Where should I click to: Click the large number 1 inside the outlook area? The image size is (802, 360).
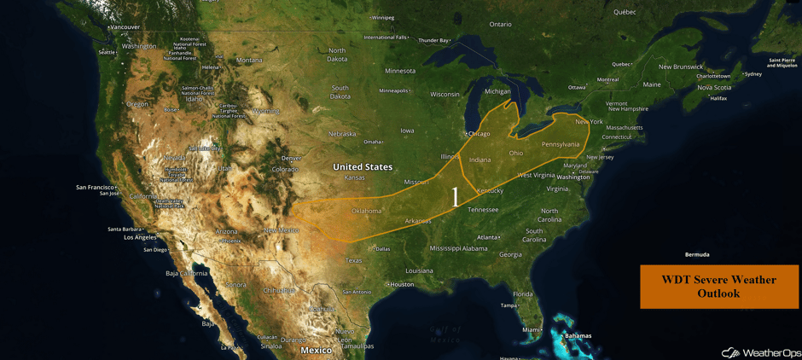(455, 197)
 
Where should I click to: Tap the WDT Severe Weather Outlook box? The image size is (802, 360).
(718, 286)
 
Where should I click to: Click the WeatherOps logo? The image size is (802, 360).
(761, 352)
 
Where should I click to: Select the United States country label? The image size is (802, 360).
(363, 167)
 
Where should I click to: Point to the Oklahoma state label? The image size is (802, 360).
(367, 211)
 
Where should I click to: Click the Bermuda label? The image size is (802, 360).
(697, 254)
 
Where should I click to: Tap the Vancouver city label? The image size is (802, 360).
(125, 27)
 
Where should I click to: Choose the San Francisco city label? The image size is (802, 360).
(95, 187)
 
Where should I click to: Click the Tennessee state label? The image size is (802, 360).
(483, 209)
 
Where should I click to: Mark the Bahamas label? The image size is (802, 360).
(578, 335)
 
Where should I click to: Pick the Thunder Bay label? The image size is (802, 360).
(433, 40)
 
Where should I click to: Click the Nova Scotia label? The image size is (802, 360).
(715, 87)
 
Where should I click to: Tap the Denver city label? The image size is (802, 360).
(292, 158)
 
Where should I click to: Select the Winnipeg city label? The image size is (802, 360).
(383, 17)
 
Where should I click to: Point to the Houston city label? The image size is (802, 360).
(401, 284)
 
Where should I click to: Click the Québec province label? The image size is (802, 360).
(625, 12)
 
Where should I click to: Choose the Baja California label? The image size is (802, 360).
(187, 273)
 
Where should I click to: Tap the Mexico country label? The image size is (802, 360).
(317, 350)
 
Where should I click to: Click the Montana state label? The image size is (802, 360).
(249, 60)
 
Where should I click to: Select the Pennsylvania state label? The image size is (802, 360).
(561, 144)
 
